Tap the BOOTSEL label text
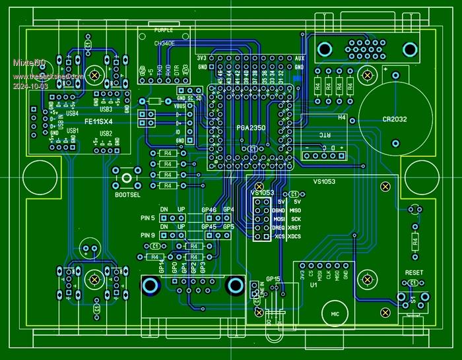[x=128, y=195]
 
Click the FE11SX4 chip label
[x=98, y=122]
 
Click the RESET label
[x=414, y=271]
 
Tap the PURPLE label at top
[x=164, y=31]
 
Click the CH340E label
[x=164, y=42]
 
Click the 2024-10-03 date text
[x=30, y=86]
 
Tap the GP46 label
[x=209, y=210]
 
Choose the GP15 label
[x=273, y=279]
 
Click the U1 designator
[x=314, y=286]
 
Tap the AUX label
[x=299, y=59]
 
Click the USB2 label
[x=106, y=133]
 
